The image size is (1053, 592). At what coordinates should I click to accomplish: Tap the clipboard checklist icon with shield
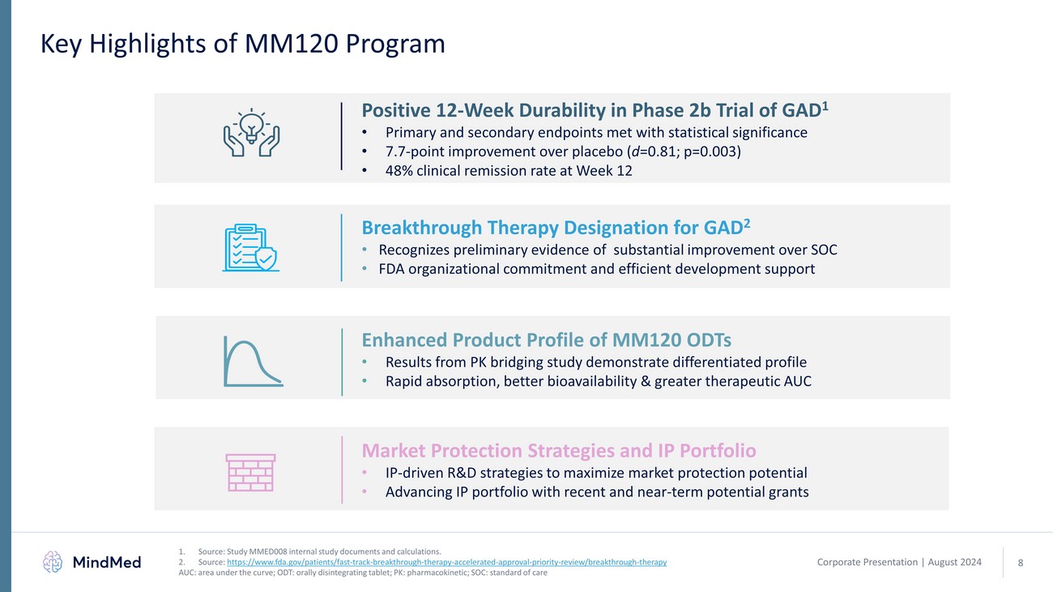pos(250,246)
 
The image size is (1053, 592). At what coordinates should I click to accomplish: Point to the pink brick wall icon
pos(251,471)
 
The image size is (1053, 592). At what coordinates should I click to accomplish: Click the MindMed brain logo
pos(53,561)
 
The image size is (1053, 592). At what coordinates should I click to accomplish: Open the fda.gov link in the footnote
pos(446,562)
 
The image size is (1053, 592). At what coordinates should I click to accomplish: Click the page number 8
pos(1020,563)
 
